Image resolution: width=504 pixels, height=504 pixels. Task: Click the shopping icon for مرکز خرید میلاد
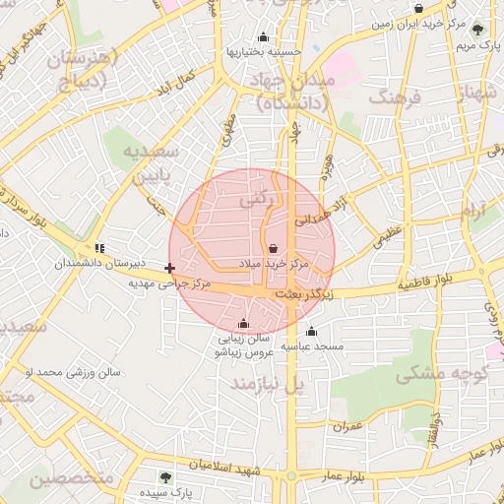(273, 248)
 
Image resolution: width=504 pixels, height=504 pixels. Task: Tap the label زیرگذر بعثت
(300, 294)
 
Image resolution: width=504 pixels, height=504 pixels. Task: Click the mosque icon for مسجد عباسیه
(311, 331)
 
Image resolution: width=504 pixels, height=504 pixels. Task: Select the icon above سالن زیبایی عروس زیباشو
(243, 324)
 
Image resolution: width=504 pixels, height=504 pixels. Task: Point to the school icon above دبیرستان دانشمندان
(98, 248)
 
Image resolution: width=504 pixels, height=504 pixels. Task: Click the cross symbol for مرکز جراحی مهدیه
(171, 268)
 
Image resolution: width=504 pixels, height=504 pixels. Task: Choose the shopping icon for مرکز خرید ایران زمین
(418, 8)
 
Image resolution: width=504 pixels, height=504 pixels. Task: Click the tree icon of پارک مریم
(477, 30)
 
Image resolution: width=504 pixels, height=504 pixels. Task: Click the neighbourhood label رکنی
(253, 200)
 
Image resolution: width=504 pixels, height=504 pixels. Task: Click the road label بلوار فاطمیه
(426, 283)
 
